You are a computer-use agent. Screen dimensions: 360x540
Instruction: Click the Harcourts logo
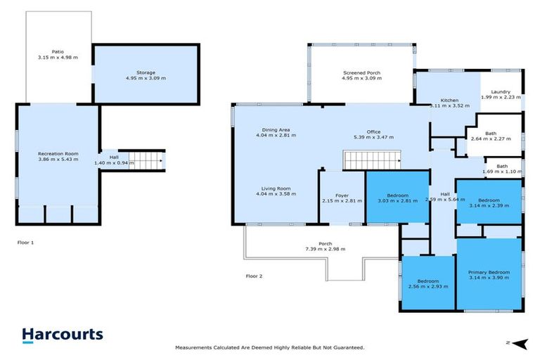tap(63, 335)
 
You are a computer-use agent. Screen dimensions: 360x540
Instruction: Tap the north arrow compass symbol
tap(517, 343)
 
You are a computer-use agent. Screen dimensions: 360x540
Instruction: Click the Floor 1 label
tap(26, 242)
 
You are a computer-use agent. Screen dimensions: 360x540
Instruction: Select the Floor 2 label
tap(254, 276)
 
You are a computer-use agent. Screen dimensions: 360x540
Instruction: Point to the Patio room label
tap(58, 52)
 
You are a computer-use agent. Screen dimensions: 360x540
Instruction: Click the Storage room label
tap(146, 73)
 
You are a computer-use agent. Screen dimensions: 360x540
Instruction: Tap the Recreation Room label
tap(58, 153)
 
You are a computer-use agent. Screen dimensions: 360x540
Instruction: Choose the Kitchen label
tap(449, 101)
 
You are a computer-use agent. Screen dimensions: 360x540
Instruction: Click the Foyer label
tap(342, 196)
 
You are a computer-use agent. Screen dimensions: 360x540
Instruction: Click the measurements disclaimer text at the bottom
tap(269, 348)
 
